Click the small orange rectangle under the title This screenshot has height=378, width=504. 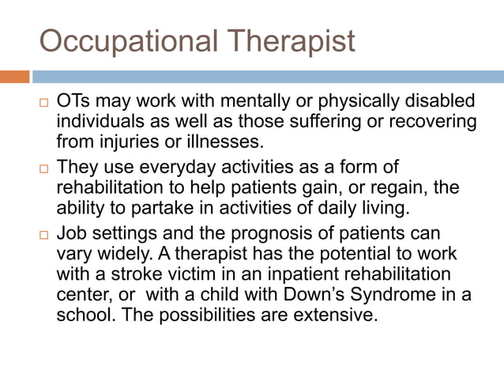(x=14, y=77)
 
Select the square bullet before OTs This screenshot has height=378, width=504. (x=44, y=104)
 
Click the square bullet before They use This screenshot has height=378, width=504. (x=44, y=168)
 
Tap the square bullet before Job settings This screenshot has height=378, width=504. (x=44, y=235)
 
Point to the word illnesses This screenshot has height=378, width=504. (x=227, y=142)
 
